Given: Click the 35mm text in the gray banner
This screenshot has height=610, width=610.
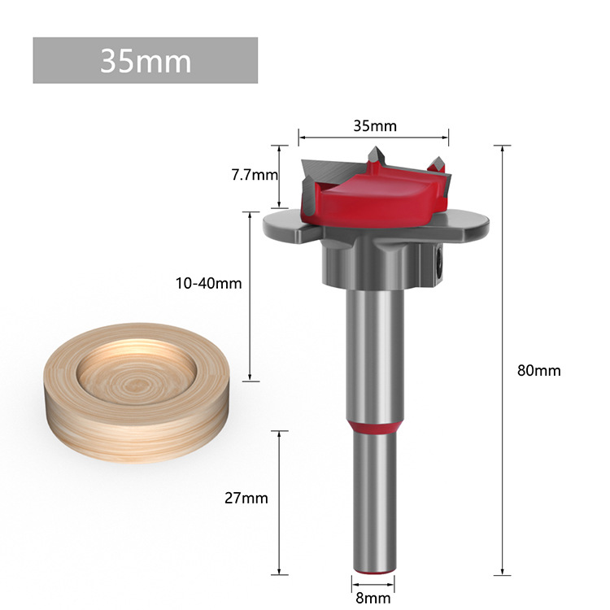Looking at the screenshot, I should pyautogui.click(x=145, y=60).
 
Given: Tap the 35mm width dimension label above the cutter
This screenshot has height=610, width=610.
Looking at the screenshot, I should pyautogui.click(x=374, y=126).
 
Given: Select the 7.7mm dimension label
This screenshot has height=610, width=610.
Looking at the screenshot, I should pyautogui.click(x=254, y=175).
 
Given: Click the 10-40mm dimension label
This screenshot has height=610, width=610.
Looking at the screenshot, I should pyautogui.click(x=208, y=283).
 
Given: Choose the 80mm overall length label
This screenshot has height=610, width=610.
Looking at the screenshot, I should pyautogui.click(x=538, y=370).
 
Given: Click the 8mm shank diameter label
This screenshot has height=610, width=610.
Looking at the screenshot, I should pyautogui.click(x=373, y=597).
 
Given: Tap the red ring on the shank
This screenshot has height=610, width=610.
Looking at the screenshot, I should pyautogui.click(x=373, y=429).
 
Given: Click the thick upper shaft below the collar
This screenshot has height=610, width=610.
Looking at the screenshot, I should pyautogui.click(x=373, y=350).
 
